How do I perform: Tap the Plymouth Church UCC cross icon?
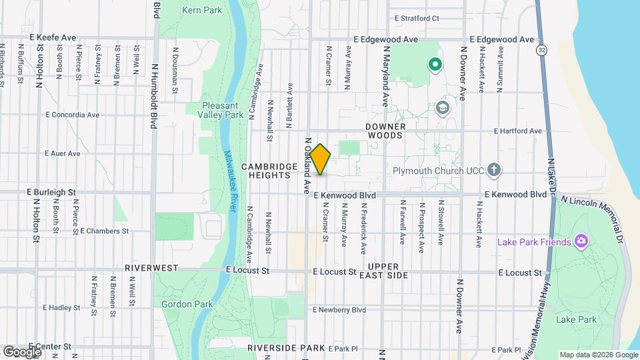pos(494,169)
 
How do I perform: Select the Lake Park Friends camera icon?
pos(581,241)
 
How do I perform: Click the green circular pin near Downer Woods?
pos(435,65)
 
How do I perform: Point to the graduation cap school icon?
pos(442,107)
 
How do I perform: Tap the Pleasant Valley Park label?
pos(223,110)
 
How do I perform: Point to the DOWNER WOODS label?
pos(385,131)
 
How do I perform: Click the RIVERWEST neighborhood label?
pos(151,267)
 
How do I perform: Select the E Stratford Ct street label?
pos(417,19)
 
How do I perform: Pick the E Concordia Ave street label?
pos(73,115)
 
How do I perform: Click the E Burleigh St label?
pos(51,192)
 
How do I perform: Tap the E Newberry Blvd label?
pos(339,310)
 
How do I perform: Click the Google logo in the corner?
pos(22,351)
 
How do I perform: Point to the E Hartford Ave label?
pos(517,131)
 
